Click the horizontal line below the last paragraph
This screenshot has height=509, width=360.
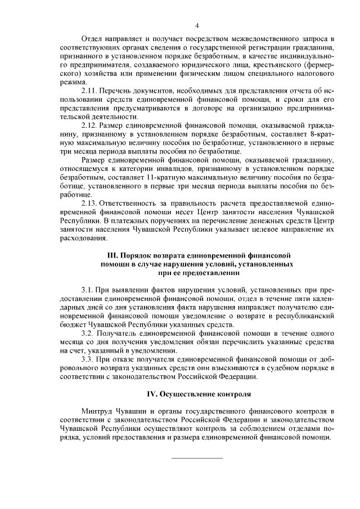[x=197, y=458]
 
